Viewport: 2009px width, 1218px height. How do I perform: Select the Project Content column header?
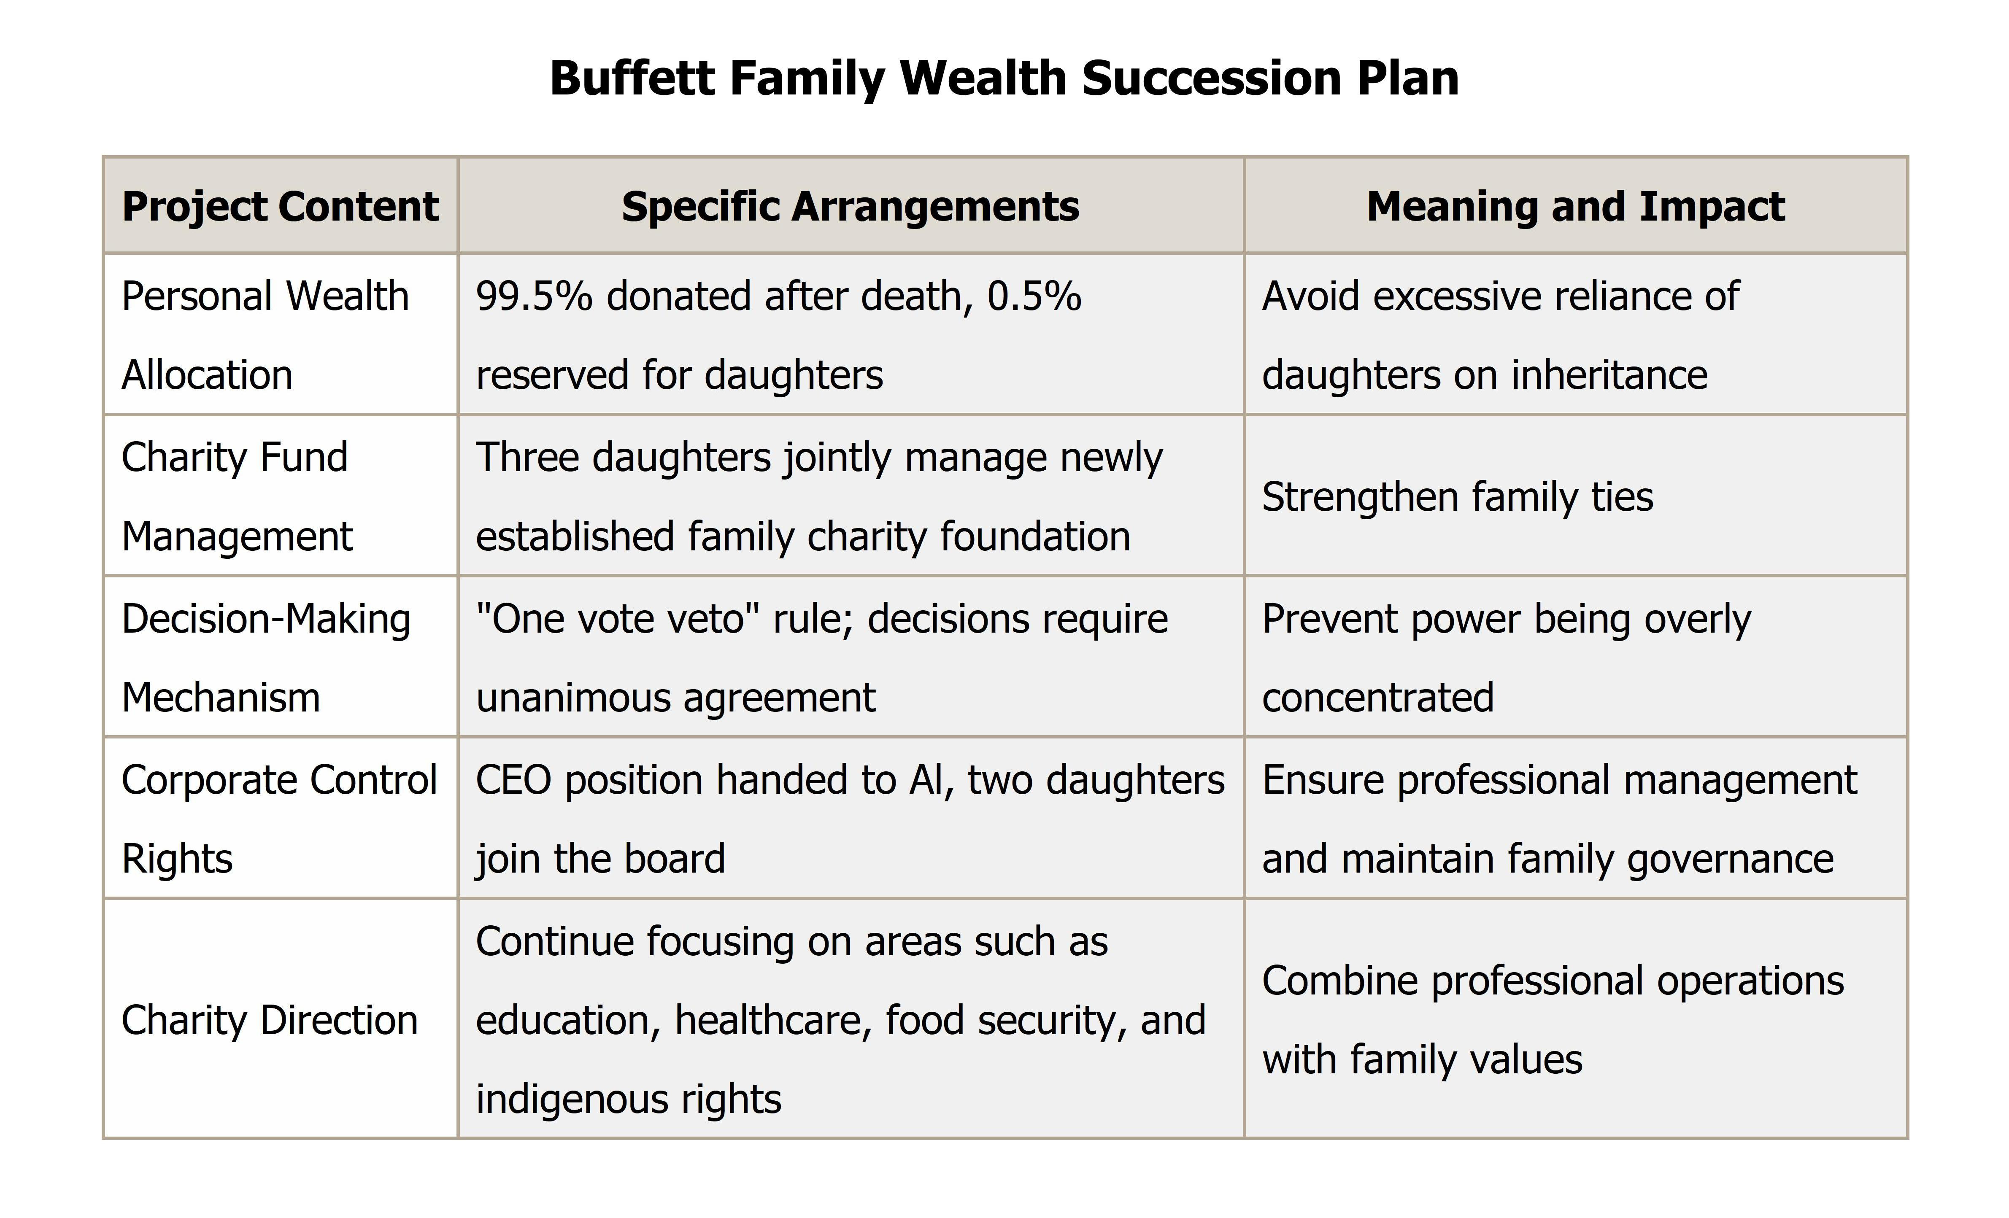tap(281, 206)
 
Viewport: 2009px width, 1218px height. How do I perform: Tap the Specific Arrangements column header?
tap(851, 206)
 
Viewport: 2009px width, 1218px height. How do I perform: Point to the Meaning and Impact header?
tap(1575, 206)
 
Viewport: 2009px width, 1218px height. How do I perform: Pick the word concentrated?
tap(1378, 698)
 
